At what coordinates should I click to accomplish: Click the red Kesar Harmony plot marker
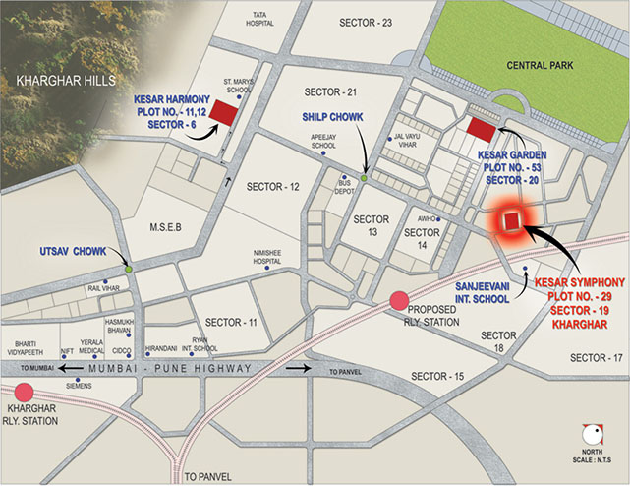pyautogui.click(x=223, y=112)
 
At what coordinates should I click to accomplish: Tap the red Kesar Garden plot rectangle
pyautogui.click(x=482, y=129)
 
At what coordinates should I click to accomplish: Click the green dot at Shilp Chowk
pyautogui.click(x=364, y=178)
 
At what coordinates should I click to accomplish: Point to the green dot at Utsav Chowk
pyautogui.click(x=129, y=269)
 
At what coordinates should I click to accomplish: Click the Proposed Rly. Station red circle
pyautogui.click(x=399, y=301)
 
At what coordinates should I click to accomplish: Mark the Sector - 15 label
pyautogui.click(x=436, y=377)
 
